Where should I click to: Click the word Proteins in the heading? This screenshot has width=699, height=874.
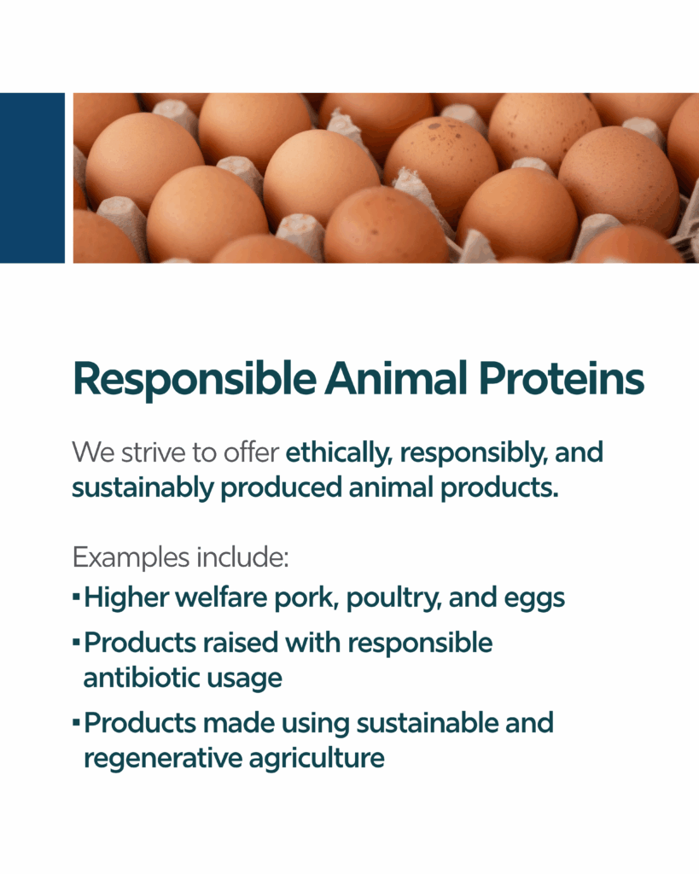[562, 380]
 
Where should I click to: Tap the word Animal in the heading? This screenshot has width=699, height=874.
[397, 378]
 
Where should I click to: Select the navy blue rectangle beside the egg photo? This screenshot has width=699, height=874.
[32, 178]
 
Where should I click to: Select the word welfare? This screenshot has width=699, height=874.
[221, 597]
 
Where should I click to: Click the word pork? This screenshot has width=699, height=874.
[306, 599]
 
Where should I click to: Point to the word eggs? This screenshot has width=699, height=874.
[534, 600]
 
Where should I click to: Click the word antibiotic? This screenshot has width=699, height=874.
[142, 678]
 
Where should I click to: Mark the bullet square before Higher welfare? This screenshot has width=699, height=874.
[76, 597]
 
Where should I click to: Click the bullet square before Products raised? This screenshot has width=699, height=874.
[76, 643]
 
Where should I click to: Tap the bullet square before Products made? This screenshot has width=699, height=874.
[76, 723]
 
